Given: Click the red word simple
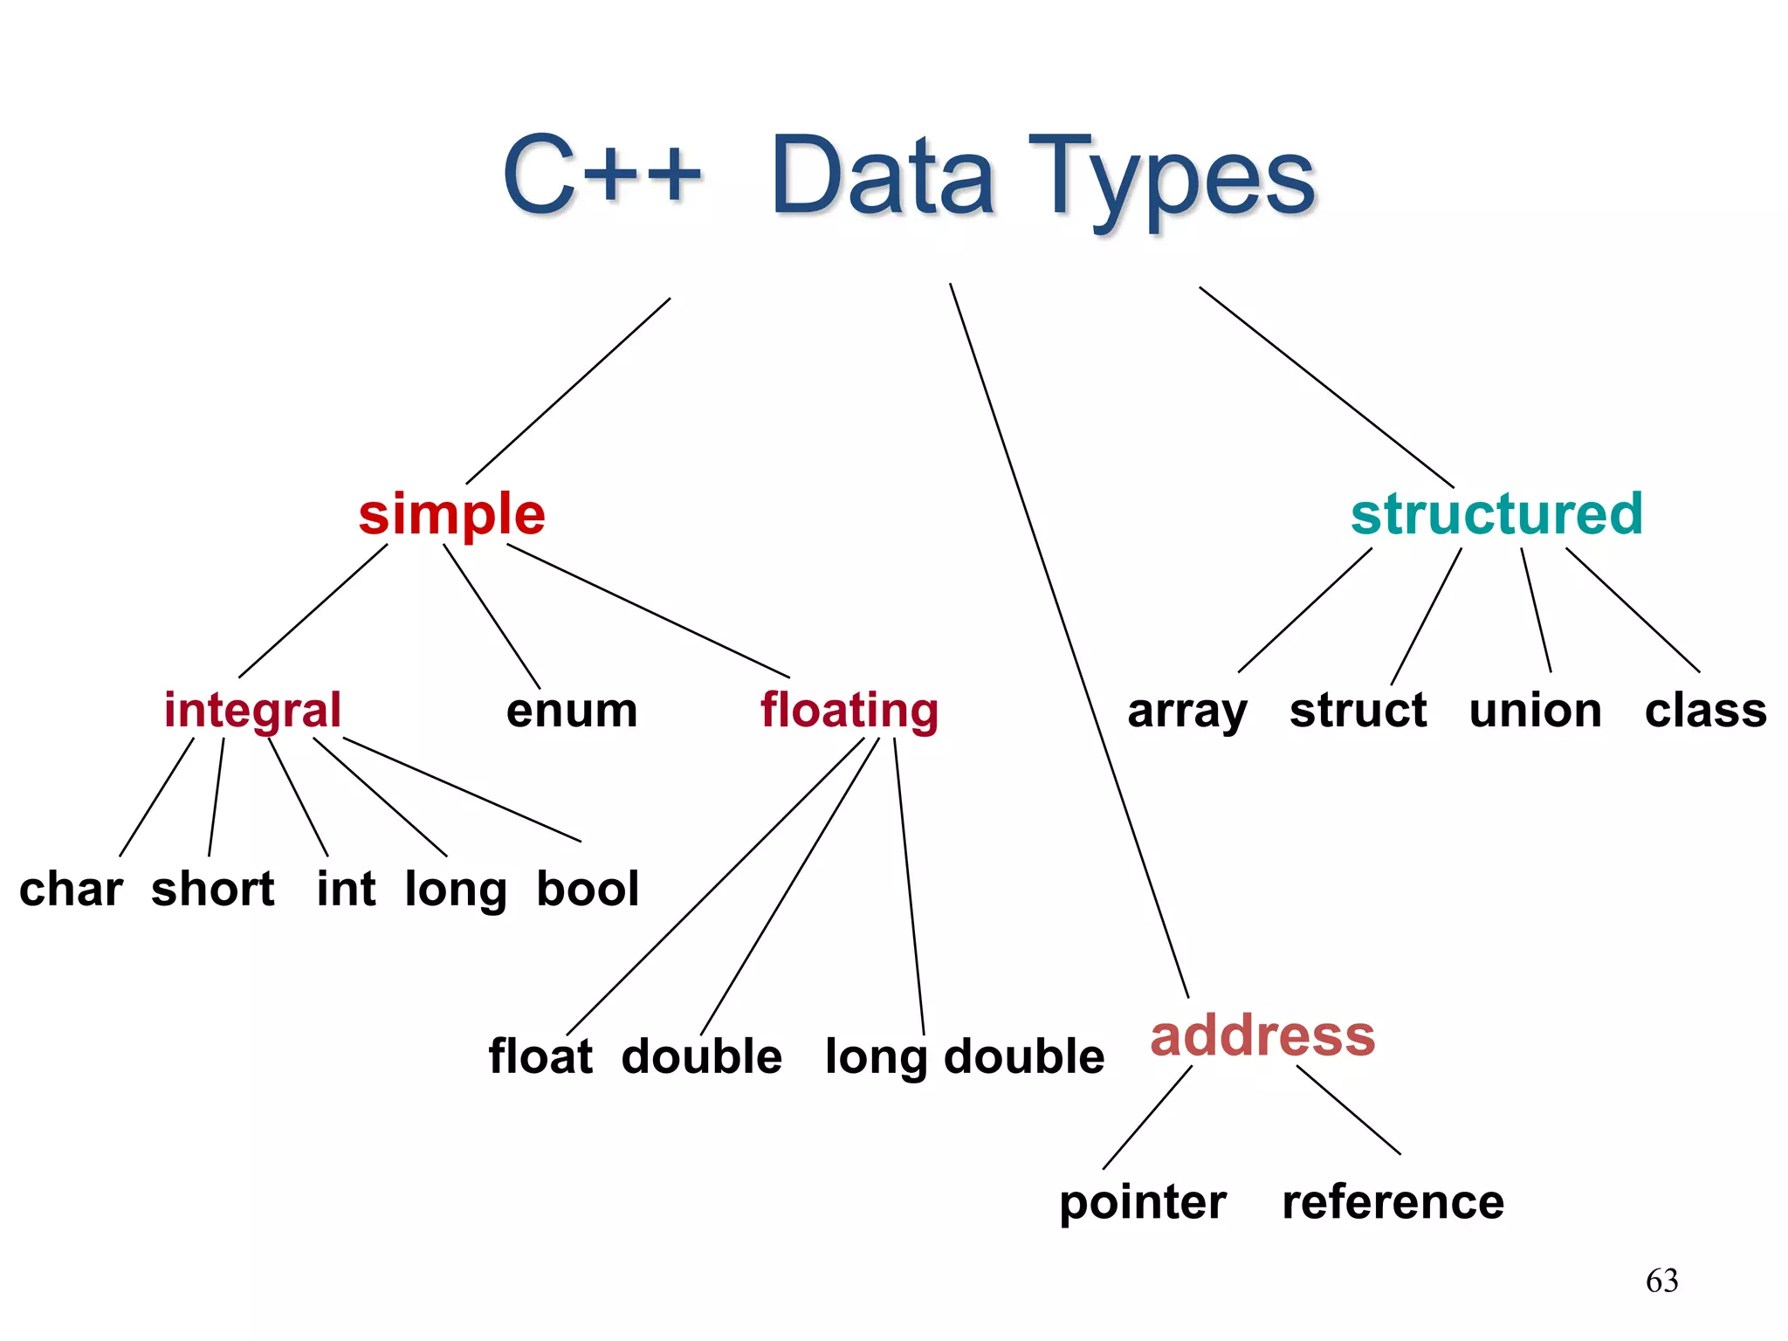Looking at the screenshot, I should point(451,514).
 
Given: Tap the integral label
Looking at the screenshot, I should point(252,710).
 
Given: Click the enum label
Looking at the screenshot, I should point(572,711).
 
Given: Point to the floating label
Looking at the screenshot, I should point(849,711).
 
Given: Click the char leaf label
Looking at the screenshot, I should point(71,890).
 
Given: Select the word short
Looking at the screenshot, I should point(212,890).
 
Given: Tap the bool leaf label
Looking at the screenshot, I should point(588,890).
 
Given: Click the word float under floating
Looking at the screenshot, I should point(540,1056).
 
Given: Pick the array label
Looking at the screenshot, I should point(1187,712).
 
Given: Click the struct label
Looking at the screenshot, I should point(1358,711).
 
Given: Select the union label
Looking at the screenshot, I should point(1535,711).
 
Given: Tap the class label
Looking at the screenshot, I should point(1705,711).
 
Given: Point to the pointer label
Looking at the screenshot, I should point(1143,1203).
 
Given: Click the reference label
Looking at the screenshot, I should point(1393,1202).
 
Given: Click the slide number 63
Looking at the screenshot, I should point(1661,1281).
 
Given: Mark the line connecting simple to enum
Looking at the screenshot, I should point(492,616).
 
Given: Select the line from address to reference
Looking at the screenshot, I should point(1348,1110).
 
